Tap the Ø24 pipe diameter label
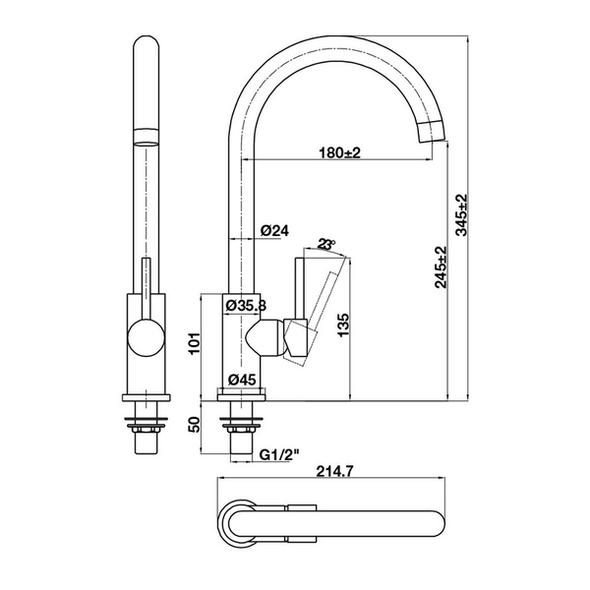click(x=274, y=230)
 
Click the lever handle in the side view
click(x=317, y=295)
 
